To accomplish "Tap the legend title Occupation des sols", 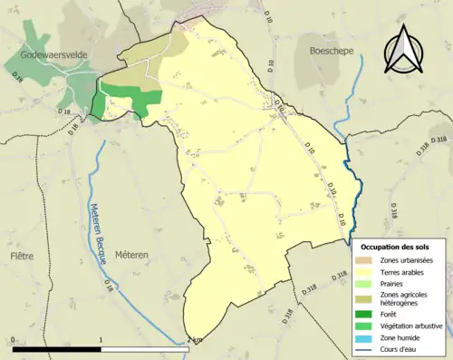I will (x=396, y=247).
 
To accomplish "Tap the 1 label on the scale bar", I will (x=100, y=339).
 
